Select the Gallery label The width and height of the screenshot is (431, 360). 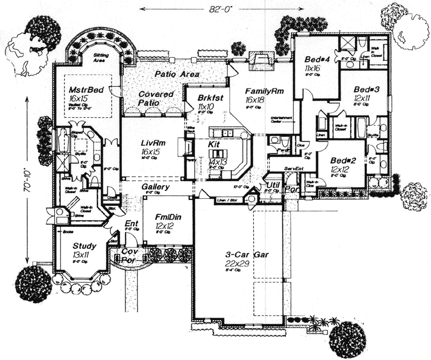pyautogui.click(x=156, y=187)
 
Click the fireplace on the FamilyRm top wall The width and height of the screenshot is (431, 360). pyautogui.click(x=262, y=58)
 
